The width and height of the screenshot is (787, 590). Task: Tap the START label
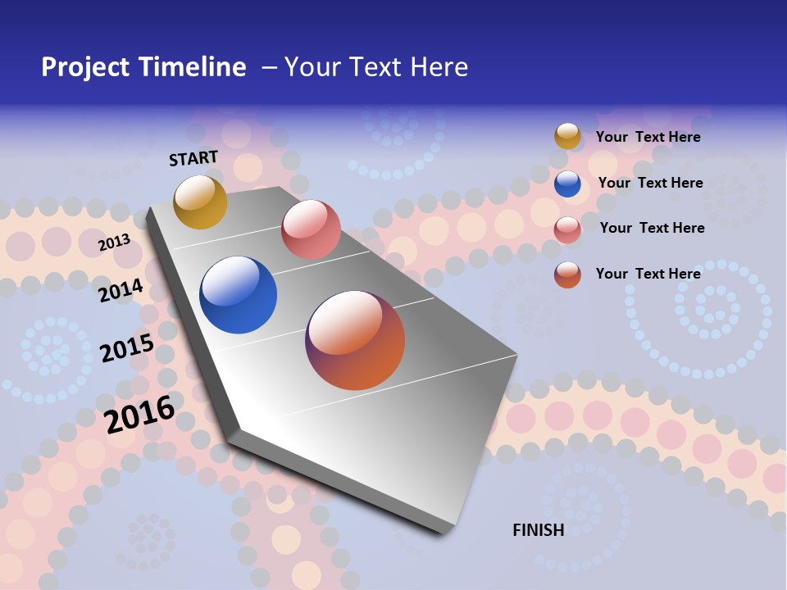pos(193,158)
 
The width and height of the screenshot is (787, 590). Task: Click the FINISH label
pos(539,530)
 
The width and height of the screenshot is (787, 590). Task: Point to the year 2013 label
pos(114,243)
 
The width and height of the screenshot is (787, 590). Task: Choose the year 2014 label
pos(121,290)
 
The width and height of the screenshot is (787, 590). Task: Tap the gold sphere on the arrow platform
pos(200,202)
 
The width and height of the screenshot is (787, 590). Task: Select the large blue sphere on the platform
pos(239,295)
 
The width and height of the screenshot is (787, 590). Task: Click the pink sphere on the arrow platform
pos(311,229)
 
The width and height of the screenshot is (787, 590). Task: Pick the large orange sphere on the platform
pos(355,340)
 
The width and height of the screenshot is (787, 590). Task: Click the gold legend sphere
pos(567,136)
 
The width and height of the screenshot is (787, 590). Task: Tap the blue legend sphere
pos(567,184)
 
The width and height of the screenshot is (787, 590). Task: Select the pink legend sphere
pos(567,229)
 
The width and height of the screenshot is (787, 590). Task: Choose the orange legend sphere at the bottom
pos(567,275)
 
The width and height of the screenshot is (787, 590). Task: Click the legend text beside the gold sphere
pos(648,137)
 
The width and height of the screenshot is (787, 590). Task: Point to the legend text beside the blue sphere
pos(650,183)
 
